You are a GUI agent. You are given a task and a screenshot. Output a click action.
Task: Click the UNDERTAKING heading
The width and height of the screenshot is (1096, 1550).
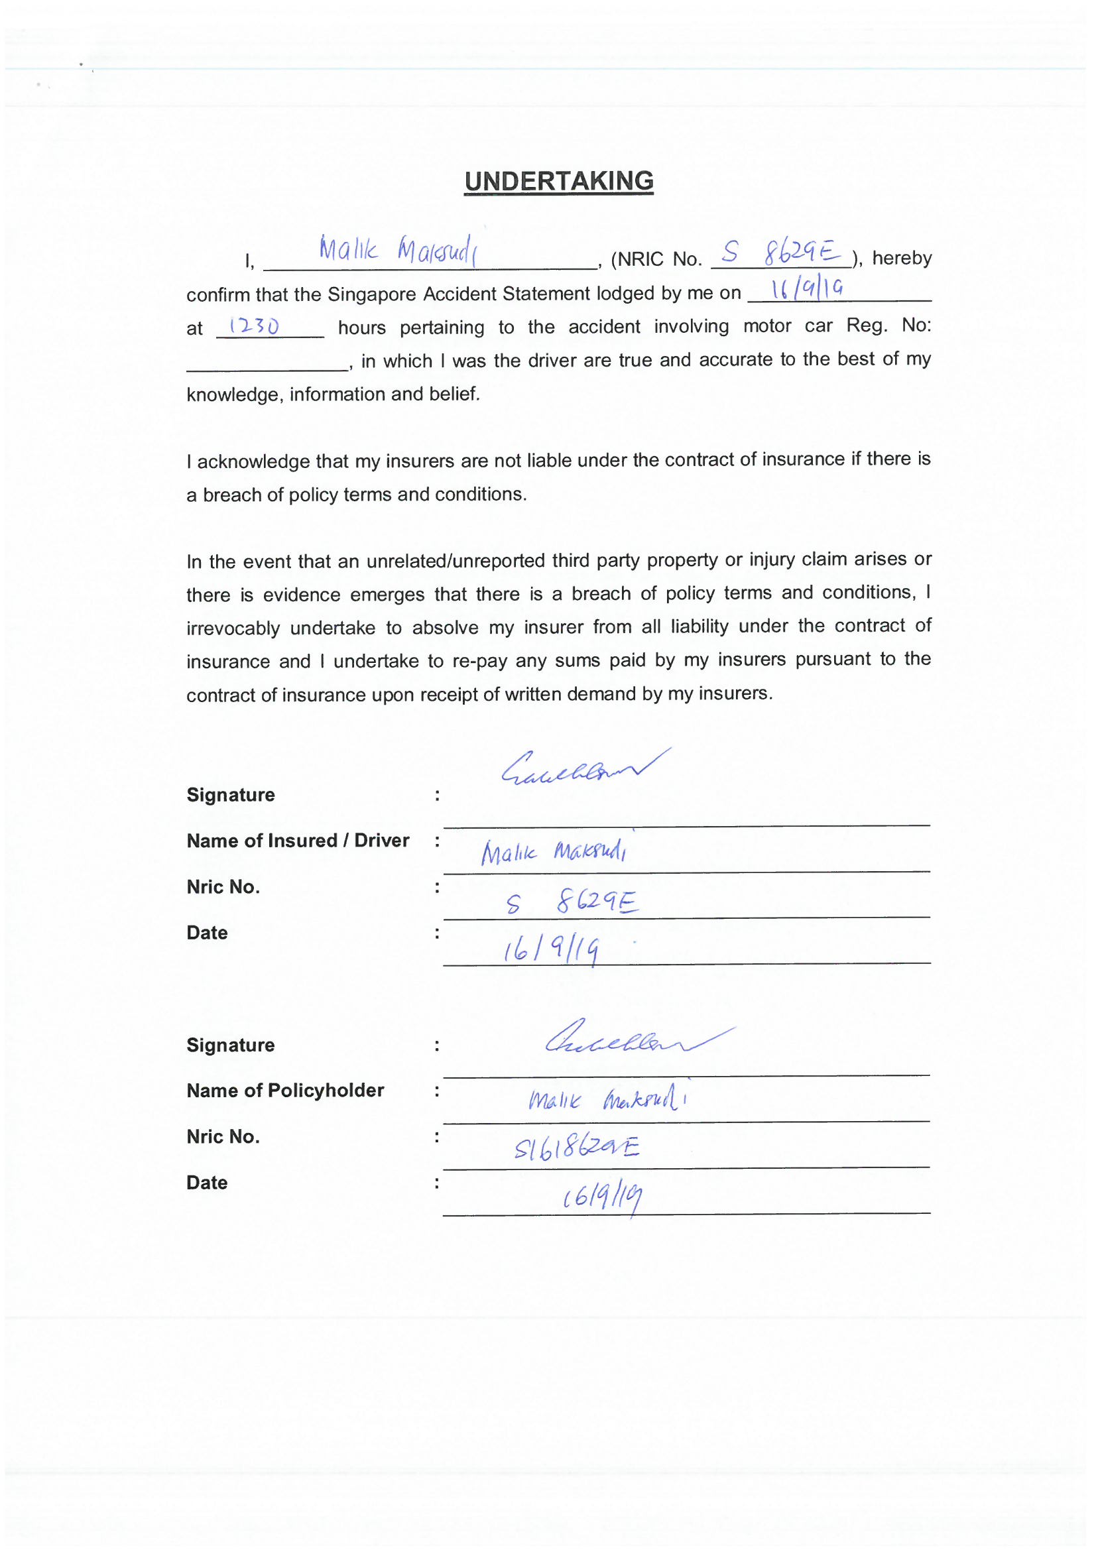[x=558, y=181]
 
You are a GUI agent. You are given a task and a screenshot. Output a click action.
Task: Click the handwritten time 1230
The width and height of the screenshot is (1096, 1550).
[x=253, y=327]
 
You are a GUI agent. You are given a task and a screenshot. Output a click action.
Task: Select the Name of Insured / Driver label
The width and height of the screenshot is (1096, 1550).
[x=298, y=841]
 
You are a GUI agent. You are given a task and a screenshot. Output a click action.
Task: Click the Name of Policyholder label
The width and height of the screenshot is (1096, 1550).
[x=285, y=1091]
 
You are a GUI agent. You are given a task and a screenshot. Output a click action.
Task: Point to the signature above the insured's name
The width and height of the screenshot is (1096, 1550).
[x=585, y=769]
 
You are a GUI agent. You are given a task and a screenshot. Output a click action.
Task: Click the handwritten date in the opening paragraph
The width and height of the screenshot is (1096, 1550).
[x=807, y=290]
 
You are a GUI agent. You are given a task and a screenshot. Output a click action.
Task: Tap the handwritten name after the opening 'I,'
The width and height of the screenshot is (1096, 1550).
[x=398, y=250]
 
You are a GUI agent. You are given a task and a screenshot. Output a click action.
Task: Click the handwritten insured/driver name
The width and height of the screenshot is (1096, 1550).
[x=554, y=853]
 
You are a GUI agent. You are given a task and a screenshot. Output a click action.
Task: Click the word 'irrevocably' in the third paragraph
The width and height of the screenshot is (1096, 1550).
[x=233, y=628]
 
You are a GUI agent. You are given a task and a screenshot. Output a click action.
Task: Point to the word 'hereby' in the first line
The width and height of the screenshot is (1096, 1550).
[x=902, y=258]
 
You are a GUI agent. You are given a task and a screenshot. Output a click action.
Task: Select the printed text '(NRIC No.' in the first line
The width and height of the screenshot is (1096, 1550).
[x=656, y=259]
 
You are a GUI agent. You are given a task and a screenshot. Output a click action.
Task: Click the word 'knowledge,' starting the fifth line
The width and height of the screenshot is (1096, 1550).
[x=233, y=394]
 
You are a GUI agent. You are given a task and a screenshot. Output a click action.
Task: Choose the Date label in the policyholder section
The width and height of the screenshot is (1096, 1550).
[x=207, y=1183]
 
